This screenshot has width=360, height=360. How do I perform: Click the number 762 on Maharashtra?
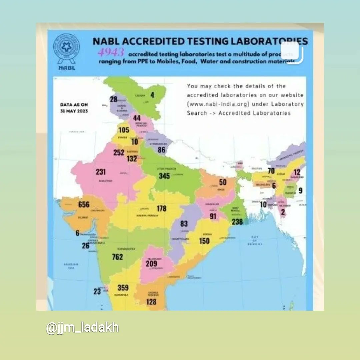coord(117,257)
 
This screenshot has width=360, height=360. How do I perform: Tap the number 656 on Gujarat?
coord(84,205)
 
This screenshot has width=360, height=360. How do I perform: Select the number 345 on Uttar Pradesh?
coord(164,176)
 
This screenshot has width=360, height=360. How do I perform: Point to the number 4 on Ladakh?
coord(152,95)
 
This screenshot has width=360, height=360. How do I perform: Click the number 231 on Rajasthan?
coord(101,172)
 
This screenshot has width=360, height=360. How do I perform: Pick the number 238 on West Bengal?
coord(237,222)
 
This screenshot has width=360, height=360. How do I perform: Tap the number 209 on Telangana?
coord(151,264)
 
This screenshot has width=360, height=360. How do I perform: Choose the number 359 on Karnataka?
coord(123,287)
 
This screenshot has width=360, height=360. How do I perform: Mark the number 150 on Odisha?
coord(204,241)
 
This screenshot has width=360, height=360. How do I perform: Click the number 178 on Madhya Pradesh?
coord(162,209)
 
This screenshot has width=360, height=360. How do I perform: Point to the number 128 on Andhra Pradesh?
coord(151,302)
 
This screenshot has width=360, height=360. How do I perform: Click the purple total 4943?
coord(111,53)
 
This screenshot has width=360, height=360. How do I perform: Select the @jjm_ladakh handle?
coord(82,328)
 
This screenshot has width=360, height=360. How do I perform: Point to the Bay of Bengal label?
coord(255,240)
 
